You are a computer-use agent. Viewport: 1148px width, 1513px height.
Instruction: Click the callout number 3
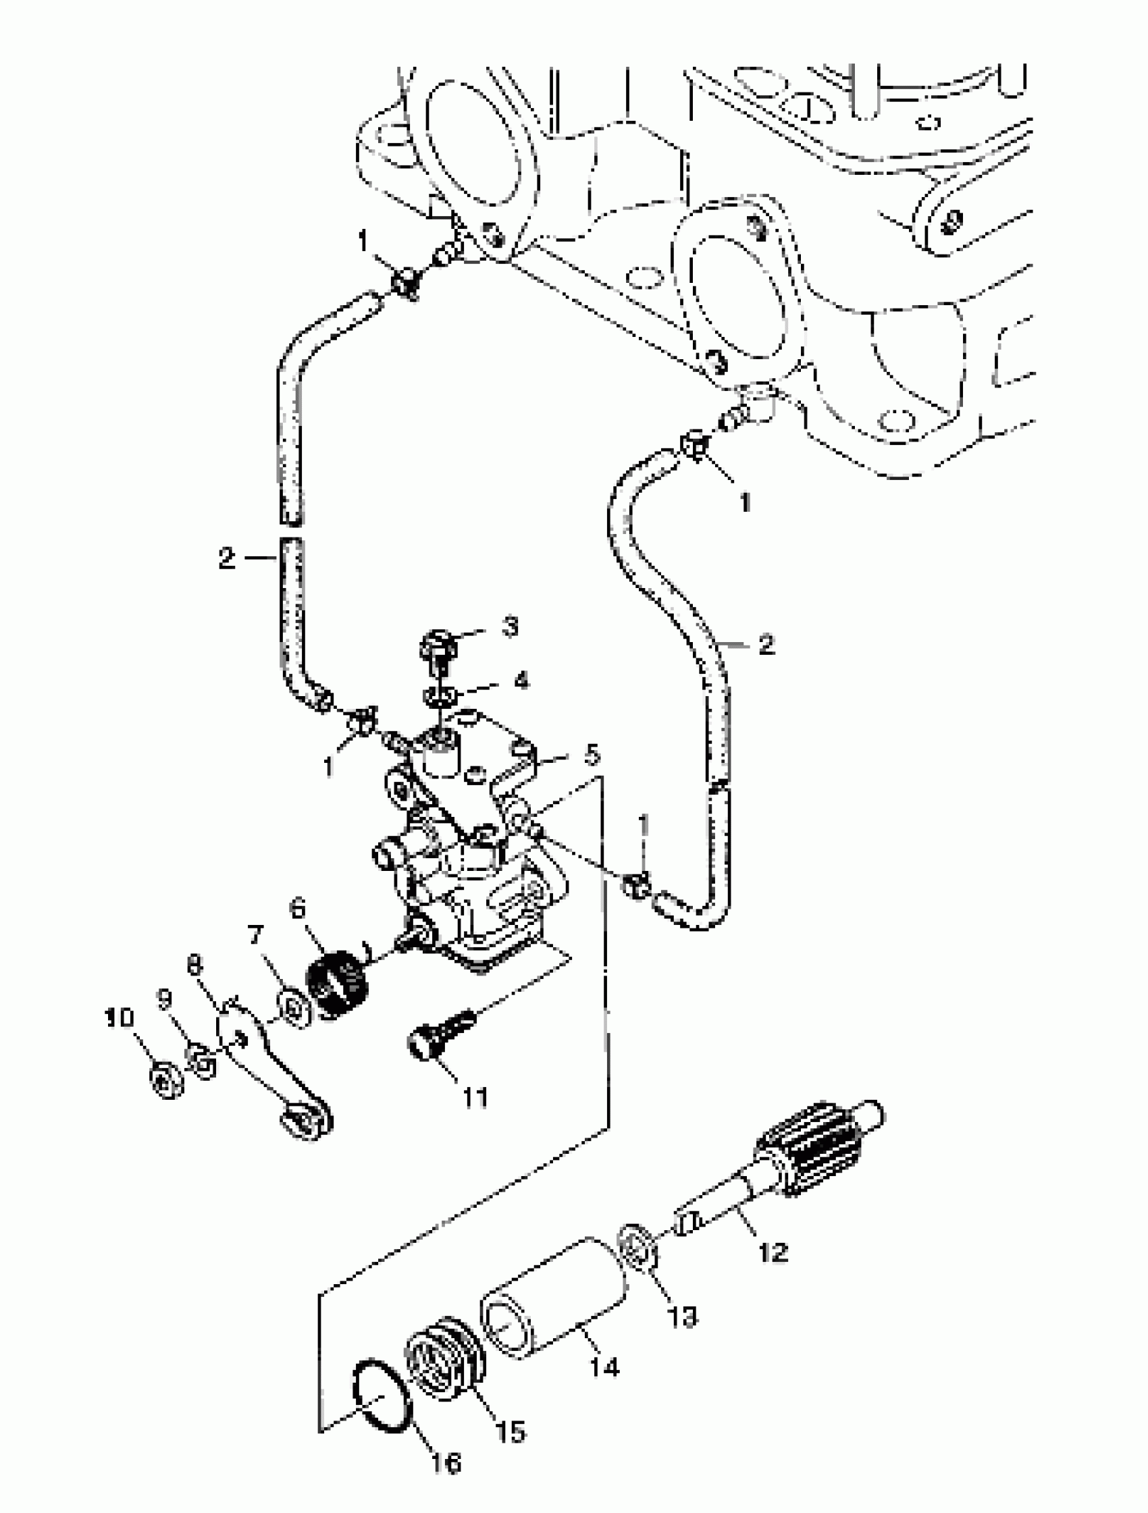510,627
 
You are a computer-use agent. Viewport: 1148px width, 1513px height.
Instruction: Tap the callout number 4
521,681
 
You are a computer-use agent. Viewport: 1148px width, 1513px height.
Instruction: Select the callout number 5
592,754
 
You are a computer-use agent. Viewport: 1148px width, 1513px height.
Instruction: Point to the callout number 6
298,909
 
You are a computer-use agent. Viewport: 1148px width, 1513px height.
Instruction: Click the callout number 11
475,1098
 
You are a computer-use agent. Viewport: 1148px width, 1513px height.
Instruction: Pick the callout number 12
773,1252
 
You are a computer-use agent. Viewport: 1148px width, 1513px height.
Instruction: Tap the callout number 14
605,1366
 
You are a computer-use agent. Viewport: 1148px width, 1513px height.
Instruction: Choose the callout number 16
446,1463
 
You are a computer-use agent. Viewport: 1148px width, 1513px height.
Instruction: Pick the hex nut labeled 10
166,1082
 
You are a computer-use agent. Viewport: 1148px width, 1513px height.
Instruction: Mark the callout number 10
119,1018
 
